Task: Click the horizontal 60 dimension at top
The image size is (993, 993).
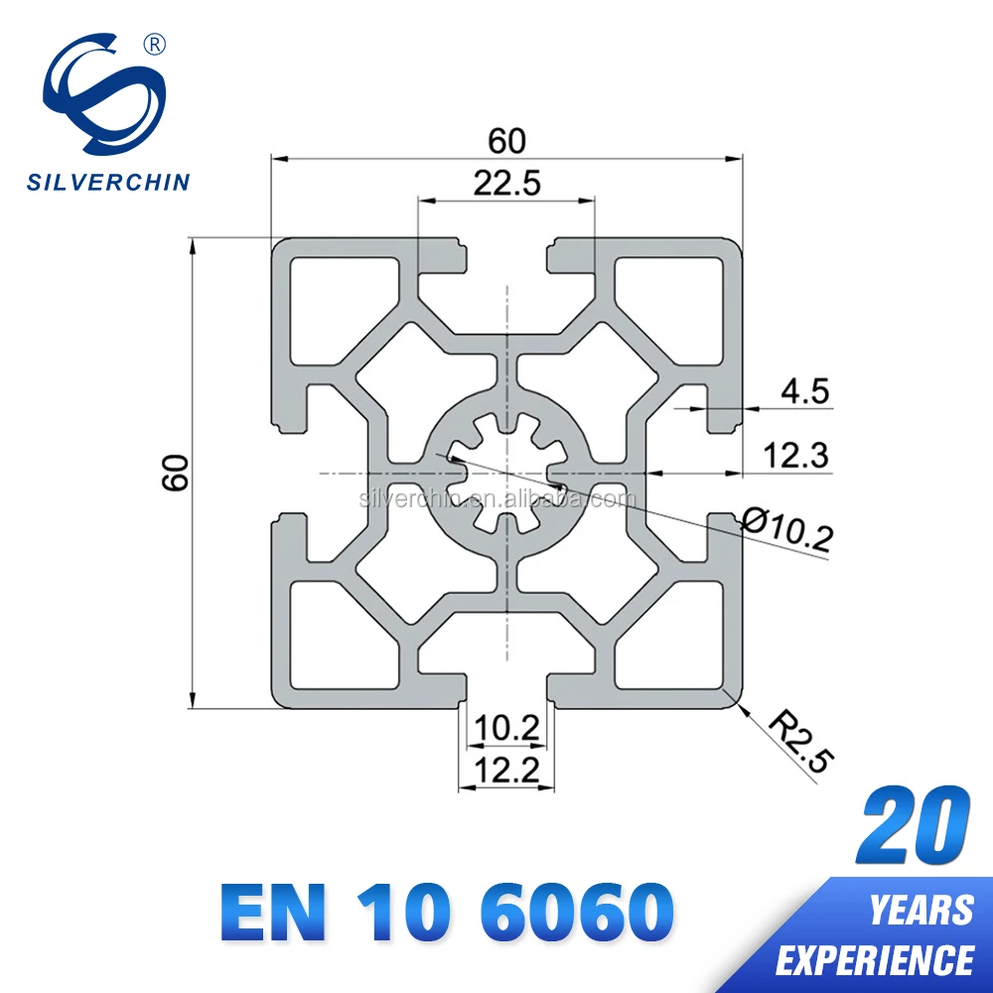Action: pos(507,141)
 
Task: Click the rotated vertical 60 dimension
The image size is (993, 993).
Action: pos(176,473)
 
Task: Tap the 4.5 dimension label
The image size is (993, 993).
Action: pos(804,391)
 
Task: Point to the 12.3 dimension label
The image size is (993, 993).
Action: pos(796,456)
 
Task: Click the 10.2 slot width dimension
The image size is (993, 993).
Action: pos(506,728)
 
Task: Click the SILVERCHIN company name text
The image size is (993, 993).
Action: pos(107,182)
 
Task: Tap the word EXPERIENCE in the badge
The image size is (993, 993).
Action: pos(875,960)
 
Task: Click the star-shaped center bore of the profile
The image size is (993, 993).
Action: pos(506,474)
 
